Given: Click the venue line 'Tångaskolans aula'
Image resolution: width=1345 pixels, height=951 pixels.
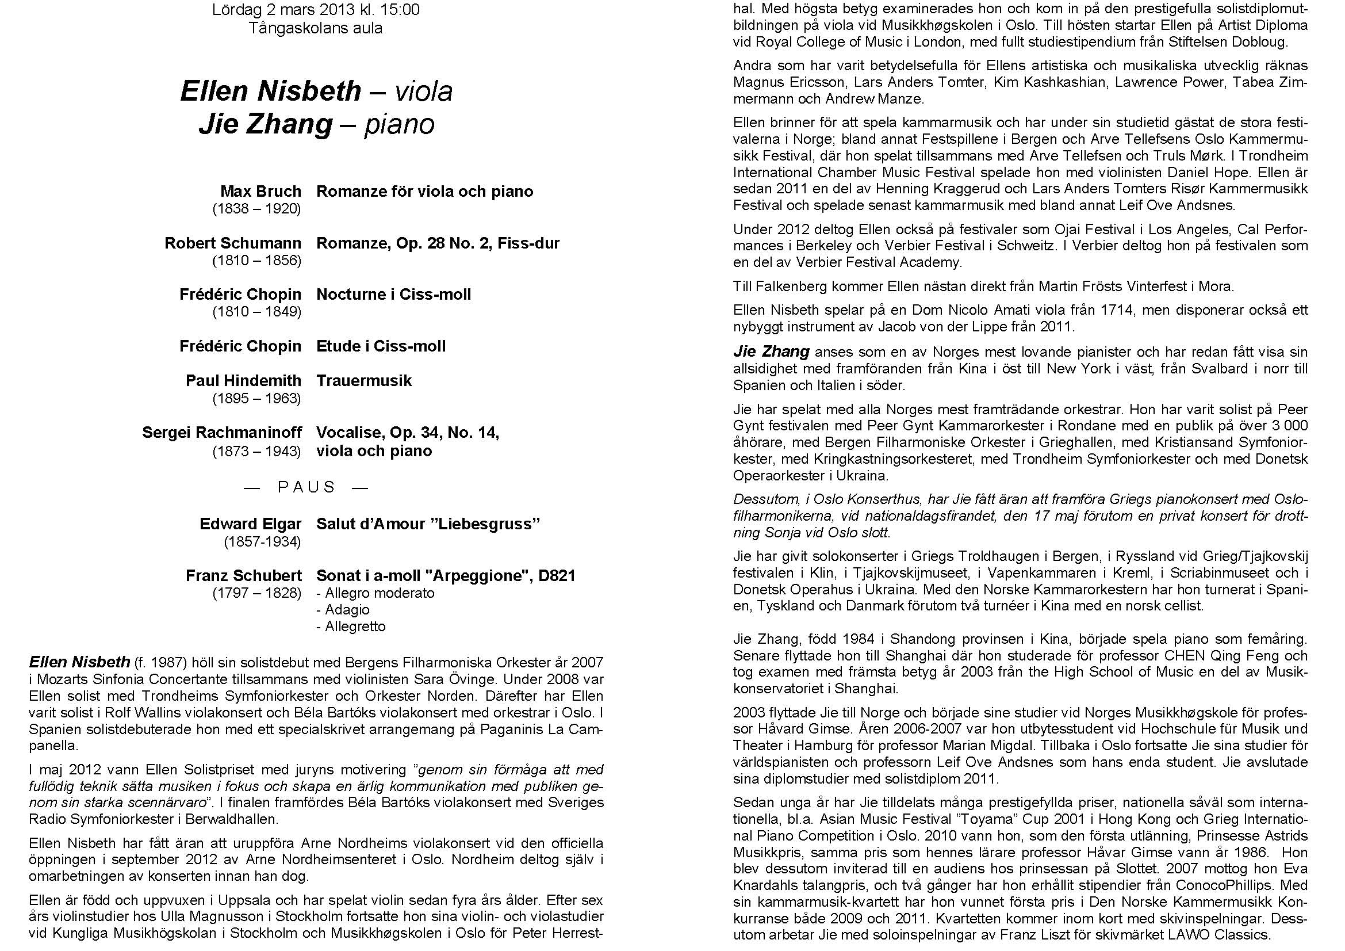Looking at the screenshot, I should (x=316, y=28).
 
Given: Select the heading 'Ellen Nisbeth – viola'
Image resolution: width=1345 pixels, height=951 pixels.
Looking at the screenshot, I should (x=316, y=91).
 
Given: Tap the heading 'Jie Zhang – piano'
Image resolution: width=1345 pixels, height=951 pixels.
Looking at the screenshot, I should (x=316, y=124).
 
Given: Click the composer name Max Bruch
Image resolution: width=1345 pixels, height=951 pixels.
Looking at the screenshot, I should (x=260, y=192).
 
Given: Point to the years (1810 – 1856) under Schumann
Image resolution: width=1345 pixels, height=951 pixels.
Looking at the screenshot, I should (x=256, y=260).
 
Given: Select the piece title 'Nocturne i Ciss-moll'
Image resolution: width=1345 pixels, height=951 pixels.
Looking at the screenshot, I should (x=394, y=294).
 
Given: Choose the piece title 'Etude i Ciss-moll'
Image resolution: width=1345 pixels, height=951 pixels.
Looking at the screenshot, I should (x=381, y=346).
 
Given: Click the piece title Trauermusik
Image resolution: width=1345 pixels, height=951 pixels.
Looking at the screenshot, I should (x=364, y=381).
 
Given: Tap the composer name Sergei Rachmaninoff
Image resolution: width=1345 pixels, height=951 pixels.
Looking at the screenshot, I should (x=222, y=433).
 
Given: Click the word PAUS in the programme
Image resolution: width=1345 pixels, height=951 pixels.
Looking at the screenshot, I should (x=306, y=487).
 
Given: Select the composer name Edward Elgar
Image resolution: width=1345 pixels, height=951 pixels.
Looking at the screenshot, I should (x=250, y=524).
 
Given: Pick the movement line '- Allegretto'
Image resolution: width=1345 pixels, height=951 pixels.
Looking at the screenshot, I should (x=351, y=627).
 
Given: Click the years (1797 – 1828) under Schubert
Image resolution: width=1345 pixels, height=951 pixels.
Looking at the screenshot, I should (x=256, y=593).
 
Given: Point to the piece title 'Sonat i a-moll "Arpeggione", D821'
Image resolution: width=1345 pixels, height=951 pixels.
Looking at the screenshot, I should (x=446, y=575).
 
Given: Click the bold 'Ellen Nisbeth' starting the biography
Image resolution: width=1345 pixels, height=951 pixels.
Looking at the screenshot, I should (x=80, y=662).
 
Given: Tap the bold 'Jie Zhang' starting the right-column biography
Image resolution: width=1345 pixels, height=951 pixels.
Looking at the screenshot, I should (x=771, y=352).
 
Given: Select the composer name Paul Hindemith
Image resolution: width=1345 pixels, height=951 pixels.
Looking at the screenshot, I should (x=243, y=381).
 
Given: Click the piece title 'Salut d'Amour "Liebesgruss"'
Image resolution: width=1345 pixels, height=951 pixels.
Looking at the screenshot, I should (x=428, y=524).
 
